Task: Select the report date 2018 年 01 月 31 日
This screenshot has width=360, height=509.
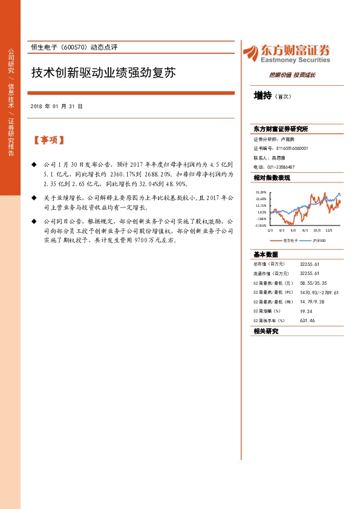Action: coord(56,106)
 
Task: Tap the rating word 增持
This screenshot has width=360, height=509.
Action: coord(263,96)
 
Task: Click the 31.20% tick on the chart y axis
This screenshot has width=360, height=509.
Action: coord(261,192)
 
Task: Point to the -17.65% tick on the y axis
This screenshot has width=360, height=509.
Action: coord(261,225)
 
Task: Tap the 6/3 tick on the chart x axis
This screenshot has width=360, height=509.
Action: coord(293,230)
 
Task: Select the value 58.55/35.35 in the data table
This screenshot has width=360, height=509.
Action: coord(313,282)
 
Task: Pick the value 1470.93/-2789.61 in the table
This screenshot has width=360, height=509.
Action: coord(319,292)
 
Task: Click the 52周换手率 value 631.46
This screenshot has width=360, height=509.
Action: coord(309,320)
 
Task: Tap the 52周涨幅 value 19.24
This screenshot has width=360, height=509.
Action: coord(306,311)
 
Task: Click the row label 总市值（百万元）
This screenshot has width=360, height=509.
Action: coord(270,264)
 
